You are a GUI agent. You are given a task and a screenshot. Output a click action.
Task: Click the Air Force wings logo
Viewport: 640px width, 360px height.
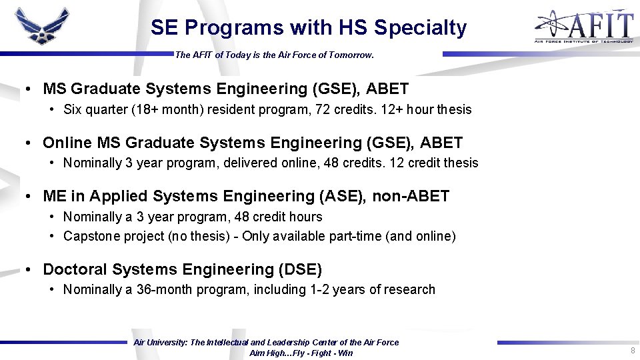(x=42, y=26)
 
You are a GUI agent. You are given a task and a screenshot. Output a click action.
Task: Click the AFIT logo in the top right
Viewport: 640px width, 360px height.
(x=583, y=27)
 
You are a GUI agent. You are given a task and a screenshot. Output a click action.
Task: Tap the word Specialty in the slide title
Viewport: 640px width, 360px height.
(x=420, y=28)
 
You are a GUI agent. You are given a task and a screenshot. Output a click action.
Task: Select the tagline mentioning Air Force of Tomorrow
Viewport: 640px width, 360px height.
(x=274, y=55)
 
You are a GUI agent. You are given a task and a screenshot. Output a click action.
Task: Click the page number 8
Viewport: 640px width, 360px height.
(x=632, y=351)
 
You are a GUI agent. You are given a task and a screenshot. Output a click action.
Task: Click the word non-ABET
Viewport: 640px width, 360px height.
(x=411, y=196)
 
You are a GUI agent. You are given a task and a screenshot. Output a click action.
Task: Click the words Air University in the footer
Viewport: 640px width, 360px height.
(x=161, y=343)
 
